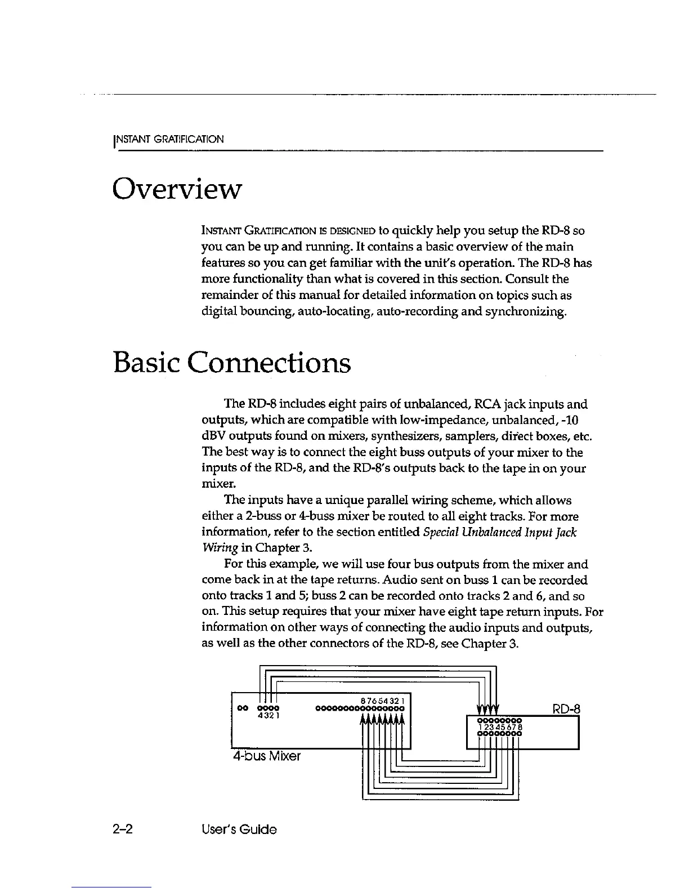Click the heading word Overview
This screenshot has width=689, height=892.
pos(177,189)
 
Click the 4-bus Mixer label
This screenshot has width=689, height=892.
pos(266,756)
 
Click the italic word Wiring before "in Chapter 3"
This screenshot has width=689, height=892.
pos(218,548)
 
